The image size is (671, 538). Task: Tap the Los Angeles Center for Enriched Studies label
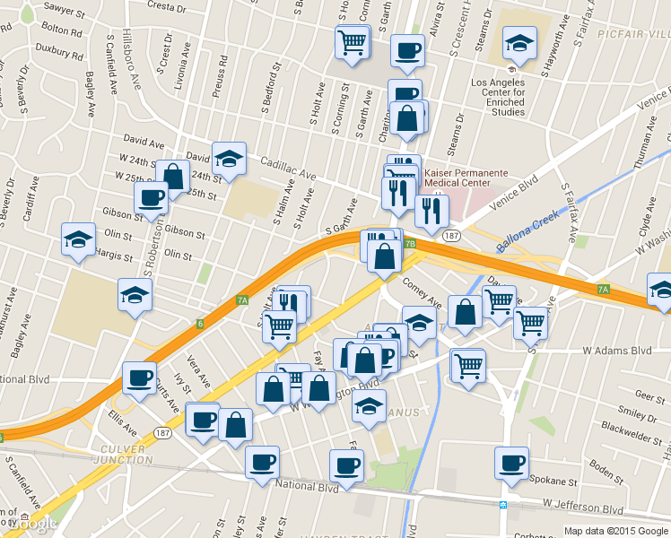click(510, 97)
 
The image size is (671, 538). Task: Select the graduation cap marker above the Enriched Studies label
click(519, 42)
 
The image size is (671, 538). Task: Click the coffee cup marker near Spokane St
click(512, 463)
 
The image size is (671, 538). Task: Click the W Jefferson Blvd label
click(582, 508)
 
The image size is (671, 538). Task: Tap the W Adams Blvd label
click(616, 351)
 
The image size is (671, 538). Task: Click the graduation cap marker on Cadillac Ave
click(229, 159)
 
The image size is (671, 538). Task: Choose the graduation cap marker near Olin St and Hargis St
click(79, 239)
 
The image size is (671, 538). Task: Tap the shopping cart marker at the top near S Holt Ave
click(353, 41)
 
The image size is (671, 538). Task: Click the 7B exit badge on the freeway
click(410, 243)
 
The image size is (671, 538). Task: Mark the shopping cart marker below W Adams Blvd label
click(468, 365)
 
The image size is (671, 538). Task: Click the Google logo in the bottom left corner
click(30, 523)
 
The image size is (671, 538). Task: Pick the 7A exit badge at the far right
click(603, 290)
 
